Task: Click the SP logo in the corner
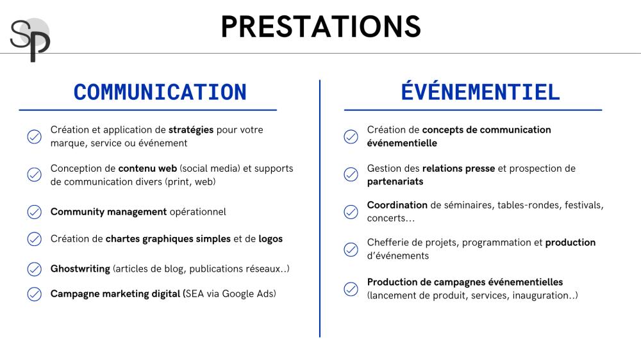click(x=30, y=40)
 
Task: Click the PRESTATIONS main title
click(x=321, y=27)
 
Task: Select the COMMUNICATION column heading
click(x=160, y=92)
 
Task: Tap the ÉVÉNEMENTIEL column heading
click(x=480, y=91)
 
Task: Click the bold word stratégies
click(x=191, y=130)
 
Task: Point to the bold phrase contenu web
click(x=147, y=168)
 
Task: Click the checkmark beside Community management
click(x=35, y=212)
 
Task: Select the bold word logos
click(x=271, y=239)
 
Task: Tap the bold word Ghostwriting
click(x=80, y=269)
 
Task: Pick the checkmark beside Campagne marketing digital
click(x=35, y=294)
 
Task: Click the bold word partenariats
click(x=395, y=181)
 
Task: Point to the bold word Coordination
click(x=397, y=205)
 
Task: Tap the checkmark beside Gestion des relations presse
click(x=351, y=174)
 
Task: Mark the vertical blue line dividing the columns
click(x=320, y=208)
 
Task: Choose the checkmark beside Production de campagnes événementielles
click(x=351, y=289)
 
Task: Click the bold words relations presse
click(x=458, y=168)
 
